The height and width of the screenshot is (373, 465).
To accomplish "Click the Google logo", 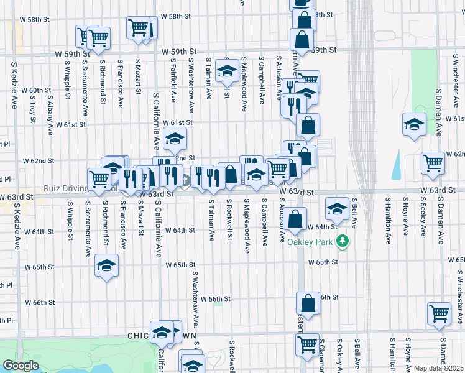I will tap(20, 366).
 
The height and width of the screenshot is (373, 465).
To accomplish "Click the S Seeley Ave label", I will tap(423, 218).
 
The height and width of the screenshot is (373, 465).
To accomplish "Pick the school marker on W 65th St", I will tap(107, 267).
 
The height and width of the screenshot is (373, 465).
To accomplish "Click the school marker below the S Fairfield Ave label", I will tap(175, 139).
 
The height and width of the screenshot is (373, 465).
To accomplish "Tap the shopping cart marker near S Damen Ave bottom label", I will tap(440, 314).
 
